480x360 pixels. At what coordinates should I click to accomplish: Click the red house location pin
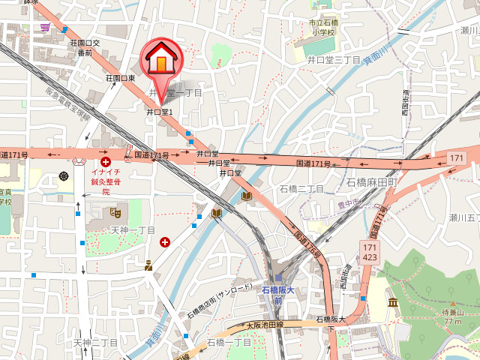click(x=160, y=60)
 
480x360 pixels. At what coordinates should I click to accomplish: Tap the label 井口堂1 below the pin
click(x=160, y=112)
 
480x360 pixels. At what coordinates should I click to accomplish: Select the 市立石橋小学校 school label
click(x=321, y=28)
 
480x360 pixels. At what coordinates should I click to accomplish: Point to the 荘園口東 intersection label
click(x=121, y=77)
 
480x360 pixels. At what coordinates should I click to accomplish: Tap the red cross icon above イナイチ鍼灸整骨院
click(x=106, y=160)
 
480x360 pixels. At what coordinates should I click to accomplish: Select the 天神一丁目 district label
click(x=133, y=230)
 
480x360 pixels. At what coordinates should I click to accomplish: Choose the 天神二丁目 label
click(x=96, y=342)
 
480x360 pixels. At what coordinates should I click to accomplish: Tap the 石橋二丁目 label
click(x=301, y=188)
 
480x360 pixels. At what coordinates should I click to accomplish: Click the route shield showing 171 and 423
click(x=369, y=252)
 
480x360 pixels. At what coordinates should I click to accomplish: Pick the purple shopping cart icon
click(x=46, y=27)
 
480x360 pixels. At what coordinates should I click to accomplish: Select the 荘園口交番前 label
click(x=85, y=48)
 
